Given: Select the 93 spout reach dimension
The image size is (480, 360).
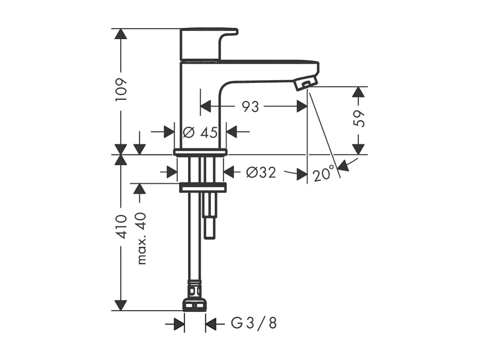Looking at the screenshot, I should pos(250,107).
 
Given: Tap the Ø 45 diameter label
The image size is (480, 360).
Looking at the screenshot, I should pos(200,132).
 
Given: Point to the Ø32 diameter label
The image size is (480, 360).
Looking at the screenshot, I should pos(261,172).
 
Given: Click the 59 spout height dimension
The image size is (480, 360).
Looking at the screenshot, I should pos(359,119).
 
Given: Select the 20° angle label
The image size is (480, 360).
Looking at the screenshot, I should pos(324,174).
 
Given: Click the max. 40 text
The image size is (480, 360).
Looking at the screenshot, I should pos(141,238).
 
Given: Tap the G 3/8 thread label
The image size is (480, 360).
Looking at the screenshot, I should pos(253,323).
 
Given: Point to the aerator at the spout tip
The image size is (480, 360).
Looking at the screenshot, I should pos(304,84).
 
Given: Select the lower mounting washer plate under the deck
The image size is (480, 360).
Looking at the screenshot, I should pos(202,188).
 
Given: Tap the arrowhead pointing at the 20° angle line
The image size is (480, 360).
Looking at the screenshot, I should pos(344,166).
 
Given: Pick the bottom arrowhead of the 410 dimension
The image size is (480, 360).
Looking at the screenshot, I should pos(121,305).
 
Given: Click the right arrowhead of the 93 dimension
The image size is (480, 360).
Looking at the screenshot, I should pos(302,107).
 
